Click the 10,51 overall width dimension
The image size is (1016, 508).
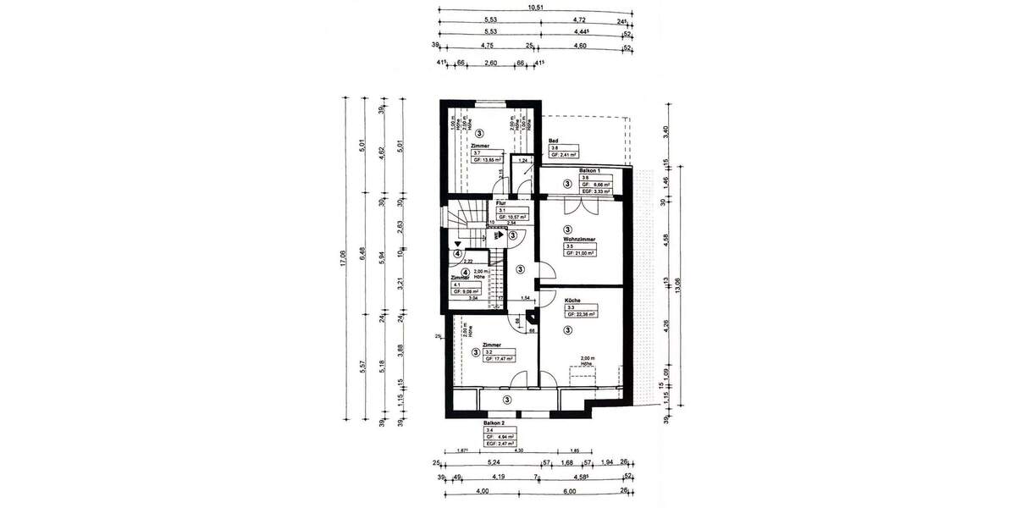[535, 8]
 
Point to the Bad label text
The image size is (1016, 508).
[554, 141]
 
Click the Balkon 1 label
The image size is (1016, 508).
[593, 171]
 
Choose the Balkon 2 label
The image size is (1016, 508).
[494, 423]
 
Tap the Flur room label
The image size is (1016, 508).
[501, 204]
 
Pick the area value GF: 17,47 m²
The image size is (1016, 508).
[500, 358]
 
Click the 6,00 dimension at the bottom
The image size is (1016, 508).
[569, 492]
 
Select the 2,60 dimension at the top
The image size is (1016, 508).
[490, 63]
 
